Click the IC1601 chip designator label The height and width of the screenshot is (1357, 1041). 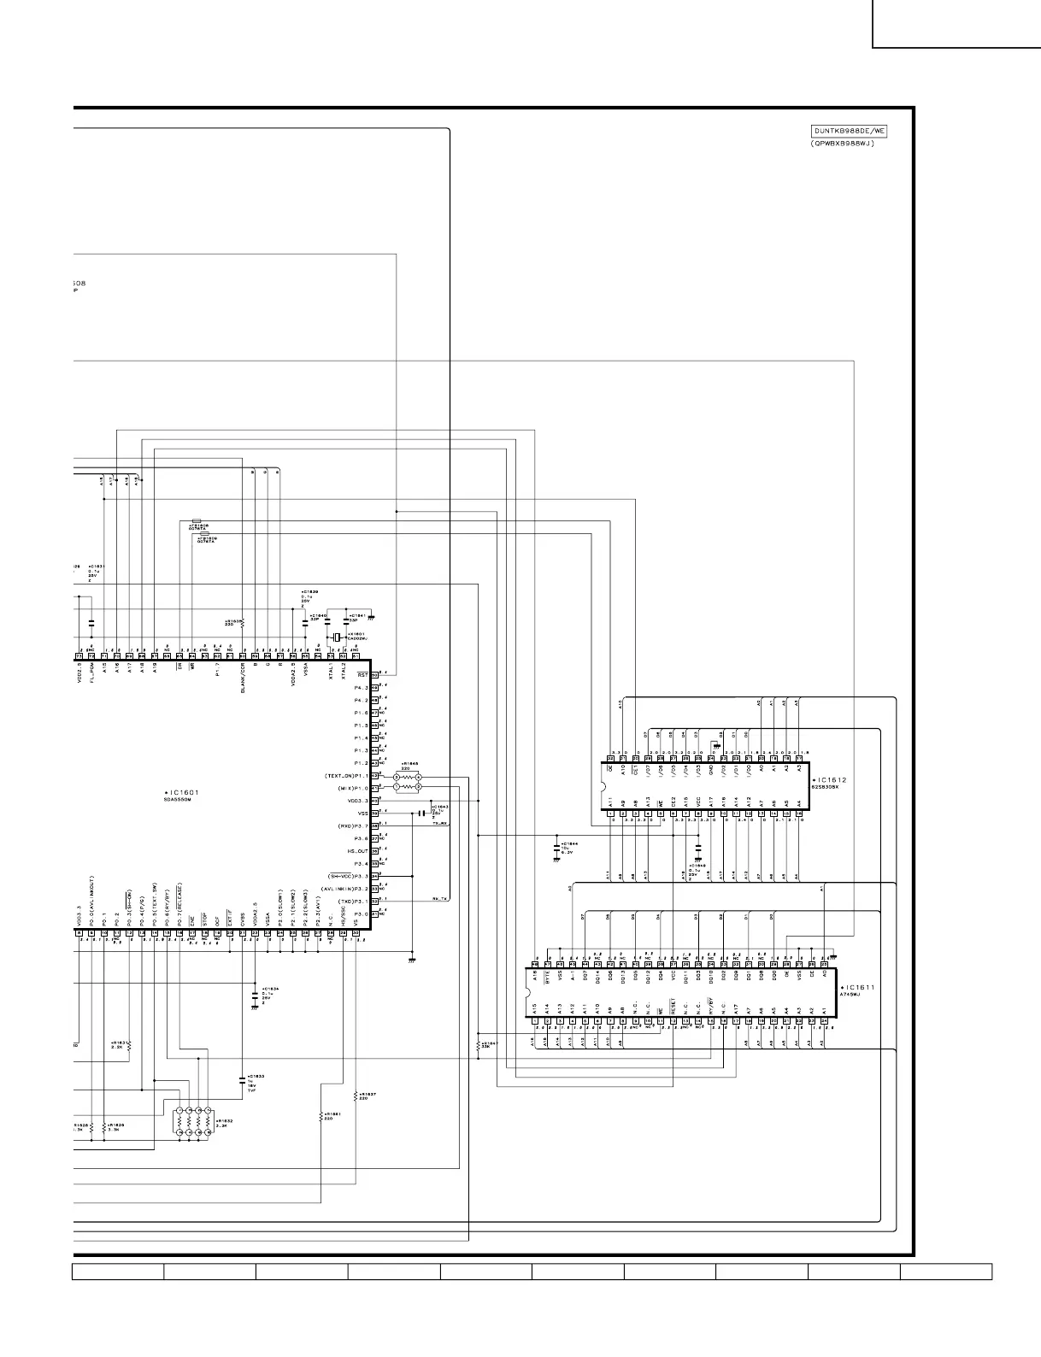[183, 793]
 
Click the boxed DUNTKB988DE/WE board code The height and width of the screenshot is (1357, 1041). [849, 132]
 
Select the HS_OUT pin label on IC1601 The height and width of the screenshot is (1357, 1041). [356, 851]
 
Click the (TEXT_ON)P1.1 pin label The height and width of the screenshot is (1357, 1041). [345, 776]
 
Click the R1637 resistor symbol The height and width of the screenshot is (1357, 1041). [355, 1095]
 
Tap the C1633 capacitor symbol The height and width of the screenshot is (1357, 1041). [242, 1080]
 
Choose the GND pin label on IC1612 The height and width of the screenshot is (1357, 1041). [711, 771]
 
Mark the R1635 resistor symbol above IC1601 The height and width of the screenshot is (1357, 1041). [243, 623]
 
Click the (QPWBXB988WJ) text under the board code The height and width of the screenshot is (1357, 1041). [841, 144]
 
